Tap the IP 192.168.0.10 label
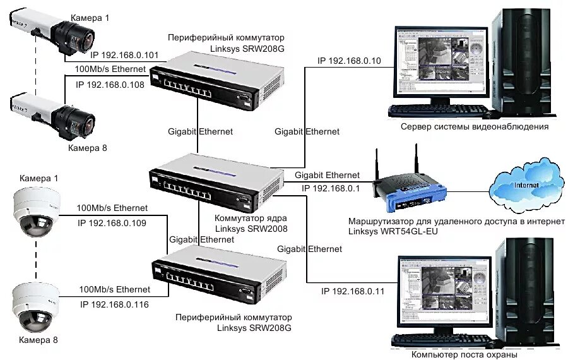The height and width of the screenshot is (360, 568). pyautogui.click(x=349, y=61)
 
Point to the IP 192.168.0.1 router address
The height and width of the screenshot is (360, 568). pyautogui.click(x=330, y=188)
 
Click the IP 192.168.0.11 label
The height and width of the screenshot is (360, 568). pyautogui.click(x=352, y=291)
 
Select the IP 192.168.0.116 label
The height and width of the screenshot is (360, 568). pyautogui.click(x=114, y=304)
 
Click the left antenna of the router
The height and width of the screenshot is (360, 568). pyautogui.click(x=377, y=165)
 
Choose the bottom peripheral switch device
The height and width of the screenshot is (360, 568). pyautogui.click(x=218, y=272)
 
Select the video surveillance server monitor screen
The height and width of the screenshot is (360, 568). pyautogui.click(x=439, y=64)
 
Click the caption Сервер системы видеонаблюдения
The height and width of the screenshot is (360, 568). pyautogui.click(x=474, y=126)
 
